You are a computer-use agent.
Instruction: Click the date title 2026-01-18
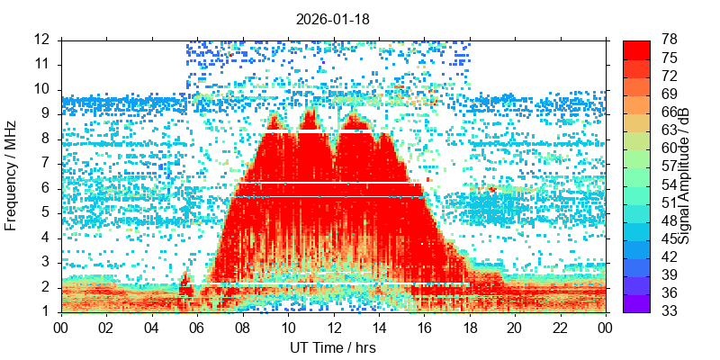333,18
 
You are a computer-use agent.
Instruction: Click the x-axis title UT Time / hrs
333,347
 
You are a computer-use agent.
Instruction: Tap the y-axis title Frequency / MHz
12,175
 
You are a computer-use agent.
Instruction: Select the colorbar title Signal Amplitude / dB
684,175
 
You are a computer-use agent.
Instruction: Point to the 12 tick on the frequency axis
42,40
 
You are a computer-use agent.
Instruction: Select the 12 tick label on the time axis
333,327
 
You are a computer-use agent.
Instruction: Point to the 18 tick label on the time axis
469,327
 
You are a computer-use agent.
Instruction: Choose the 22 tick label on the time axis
560,327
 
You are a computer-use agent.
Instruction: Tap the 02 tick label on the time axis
107,327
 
